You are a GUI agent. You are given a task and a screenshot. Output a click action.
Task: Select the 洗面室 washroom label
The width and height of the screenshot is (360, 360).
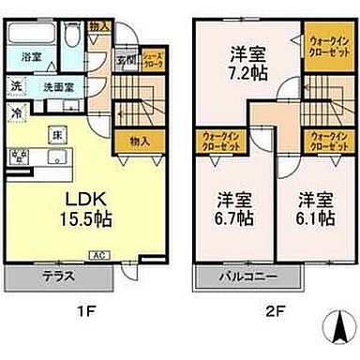coord(56,88)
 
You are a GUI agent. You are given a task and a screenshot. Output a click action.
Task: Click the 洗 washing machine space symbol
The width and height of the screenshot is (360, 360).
coord(17,88)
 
